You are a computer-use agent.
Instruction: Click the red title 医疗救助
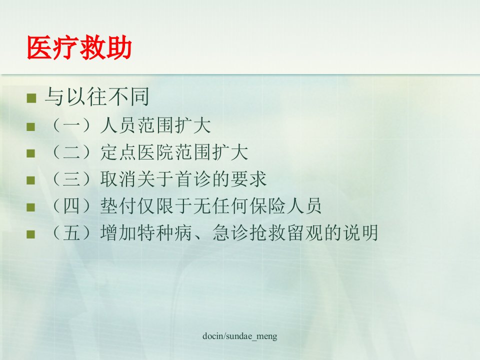coord(79,47)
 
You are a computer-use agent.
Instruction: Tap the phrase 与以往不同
coord(97,96)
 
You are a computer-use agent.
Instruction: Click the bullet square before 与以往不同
coord(31,98)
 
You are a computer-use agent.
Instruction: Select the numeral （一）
coord(71,125)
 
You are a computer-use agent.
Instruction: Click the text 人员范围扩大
coord(155,125)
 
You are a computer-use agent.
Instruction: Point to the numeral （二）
coord(71,152)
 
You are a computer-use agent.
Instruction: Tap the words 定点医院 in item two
coord(137,152)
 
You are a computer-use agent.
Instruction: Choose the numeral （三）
coord(71,179)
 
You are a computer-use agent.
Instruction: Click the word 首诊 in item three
coord(192,179)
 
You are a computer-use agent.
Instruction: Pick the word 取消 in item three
coord(118,179)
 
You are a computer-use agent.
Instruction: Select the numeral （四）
coord(71,205)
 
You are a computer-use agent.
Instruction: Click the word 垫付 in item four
coord(118,205)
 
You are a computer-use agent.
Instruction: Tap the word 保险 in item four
coord(267,205)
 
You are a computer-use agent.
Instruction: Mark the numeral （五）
coord(71,232)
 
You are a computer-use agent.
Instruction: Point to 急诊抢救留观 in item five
coord(267,232)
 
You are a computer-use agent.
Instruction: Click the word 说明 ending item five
coord(360,232)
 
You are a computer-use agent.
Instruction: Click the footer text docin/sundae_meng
coord(240,336)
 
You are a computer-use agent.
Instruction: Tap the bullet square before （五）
coord(30,234)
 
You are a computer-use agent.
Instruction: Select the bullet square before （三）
coord(30,180)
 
